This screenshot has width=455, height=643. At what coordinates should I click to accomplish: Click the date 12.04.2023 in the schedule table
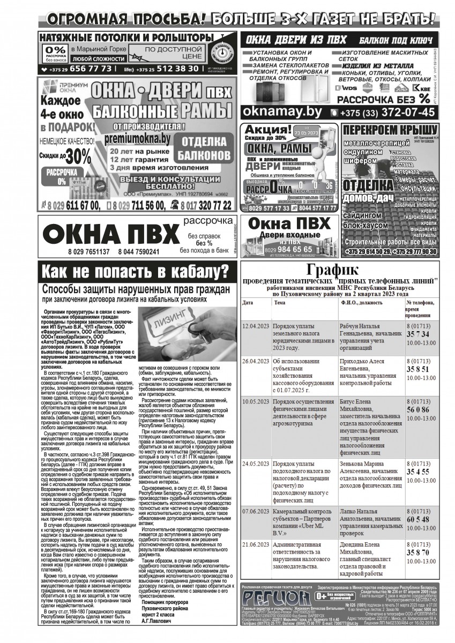tap(255, 325)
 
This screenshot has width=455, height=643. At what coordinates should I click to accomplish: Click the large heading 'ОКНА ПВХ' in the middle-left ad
tap(110, 234)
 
